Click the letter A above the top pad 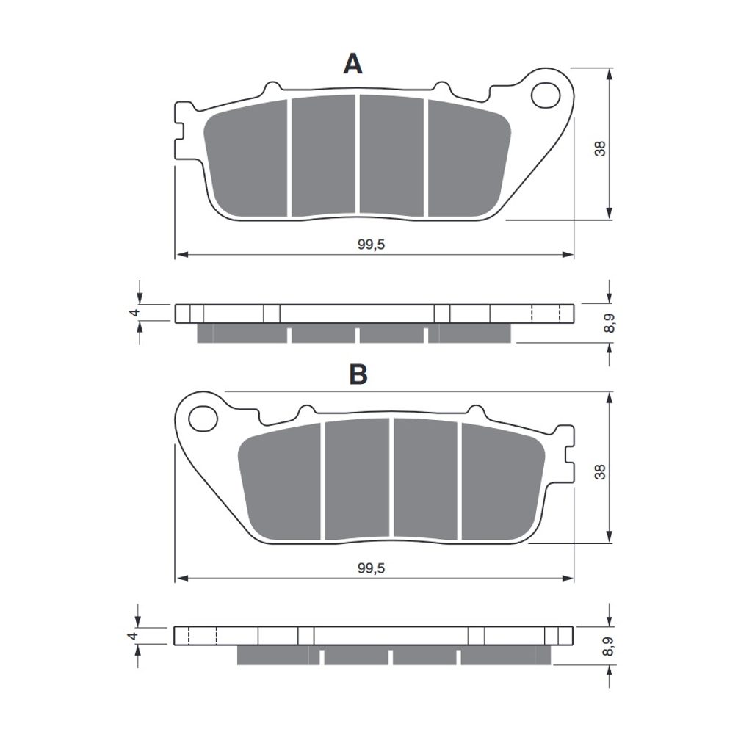tap(352, 64)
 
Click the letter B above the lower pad tap(358, 374)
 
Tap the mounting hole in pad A tap(546, 95)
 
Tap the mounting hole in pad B tap(203, 419)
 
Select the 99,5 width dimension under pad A tap(371, 245)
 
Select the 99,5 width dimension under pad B tap(371, 568)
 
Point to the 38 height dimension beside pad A tap(600, 148)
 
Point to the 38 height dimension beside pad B tap(600, 472)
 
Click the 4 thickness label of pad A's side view tap(135, 313)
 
